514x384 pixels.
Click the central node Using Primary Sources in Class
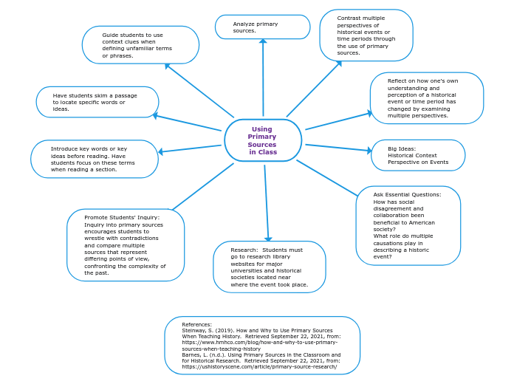click(263, 140)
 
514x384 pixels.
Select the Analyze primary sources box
click(262, 27)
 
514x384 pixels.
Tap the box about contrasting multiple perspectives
click(366, 35)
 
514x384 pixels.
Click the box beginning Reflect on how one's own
click(426, 98)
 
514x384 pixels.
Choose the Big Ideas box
click(418, 155)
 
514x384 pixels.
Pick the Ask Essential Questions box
click(408, 225)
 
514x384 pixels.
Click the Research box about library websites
click(269, 267)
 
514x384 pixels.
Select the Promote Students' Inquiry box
click(125, 245)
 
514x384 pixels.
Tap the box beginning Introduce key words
click(94, 159)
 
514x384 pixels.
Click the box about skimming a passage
click(97, 102)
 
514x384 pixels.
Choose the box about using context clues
click(140, 45)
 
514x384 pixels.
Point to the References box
click(262, 346)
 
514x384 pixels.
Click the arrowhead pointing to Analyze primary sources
click(263, 41)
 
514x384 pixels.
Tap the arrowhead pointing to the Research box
click(268, 239)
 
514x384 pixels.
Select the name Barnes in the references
click(191, 354)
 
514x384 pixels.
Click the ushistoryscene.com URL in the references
click(259, 366)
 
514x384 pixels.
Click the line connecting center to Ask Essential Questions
click(326, 178)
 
